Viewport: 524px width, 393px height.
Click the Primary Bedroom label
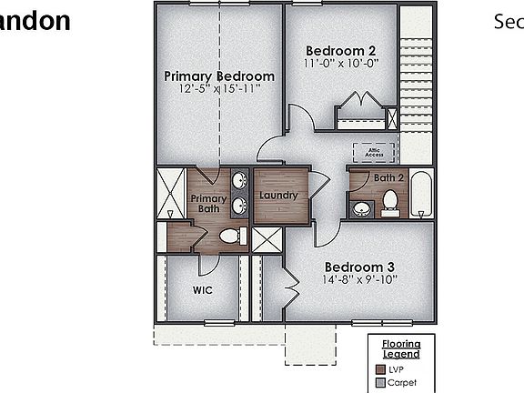coord(219,76)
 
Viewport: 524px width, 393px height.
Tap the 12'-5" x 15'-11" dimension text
coord(219,88)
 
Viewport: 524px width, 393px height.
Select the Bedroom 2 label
coord(340,50)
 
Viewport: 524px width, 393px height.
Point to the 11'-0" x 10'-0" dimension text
coord(340,63)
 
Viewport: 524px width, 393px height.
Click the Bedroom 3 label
coord(360,267)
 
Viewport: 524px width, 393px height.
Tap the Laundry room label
coord(278,196)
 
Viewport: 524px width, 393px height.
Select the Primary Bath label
coord(208,204)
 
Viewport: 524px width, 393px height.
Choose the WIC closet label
coord(202,291)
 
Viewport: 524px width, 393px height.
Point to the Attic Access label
coord(374,152)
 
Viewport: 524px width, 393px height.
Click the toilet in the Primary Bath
coord(232,237)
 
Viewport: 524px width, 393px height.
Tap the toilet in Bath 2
coord(390,202)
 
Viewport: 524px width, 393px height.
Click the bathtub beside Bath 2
coord(420,195)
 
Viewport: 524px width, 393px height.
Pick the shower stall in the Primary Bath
coord(171,193)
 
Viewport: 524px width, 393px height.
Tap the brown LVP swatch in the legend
coord(380,368)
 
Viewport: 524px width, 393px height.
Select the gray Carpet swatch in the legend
coord(380,382)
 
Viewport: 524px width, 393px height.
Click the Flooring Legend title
coord(400,349)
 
